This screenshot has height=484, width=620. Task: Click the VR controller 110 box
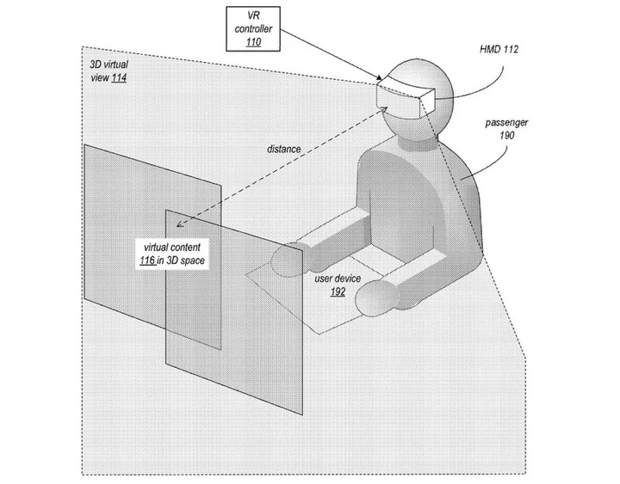pos(253,29)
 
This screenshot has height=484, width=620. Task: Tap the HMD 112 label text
pos(499,49)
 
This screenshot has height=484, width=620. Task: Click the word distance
pos(284,150)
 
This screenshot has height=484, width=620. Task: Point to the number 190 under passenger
pos(506,136)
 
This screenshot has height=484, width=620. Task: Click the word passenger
pos(506,123)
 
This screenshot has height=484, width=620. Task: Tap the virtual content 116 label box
pos(172,254)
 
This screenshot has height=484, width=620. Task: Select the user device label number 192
pos(338,291)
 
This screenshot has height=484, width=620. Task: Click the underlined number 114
pos(119,77)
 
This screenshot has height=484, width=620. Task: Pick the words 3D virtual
pos(108,64)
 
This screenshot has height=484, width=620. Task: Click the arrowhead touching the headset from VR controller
pos(379,78)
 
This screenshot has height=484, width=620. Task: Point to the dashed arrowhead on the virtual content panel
pos(179,224)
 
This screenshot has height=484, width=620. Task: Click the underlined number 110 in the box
pos(253,42)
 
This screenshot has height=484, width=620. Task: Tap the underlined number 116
pos(147,260)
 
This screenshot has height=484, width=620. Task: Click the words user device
pos(338,279)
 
